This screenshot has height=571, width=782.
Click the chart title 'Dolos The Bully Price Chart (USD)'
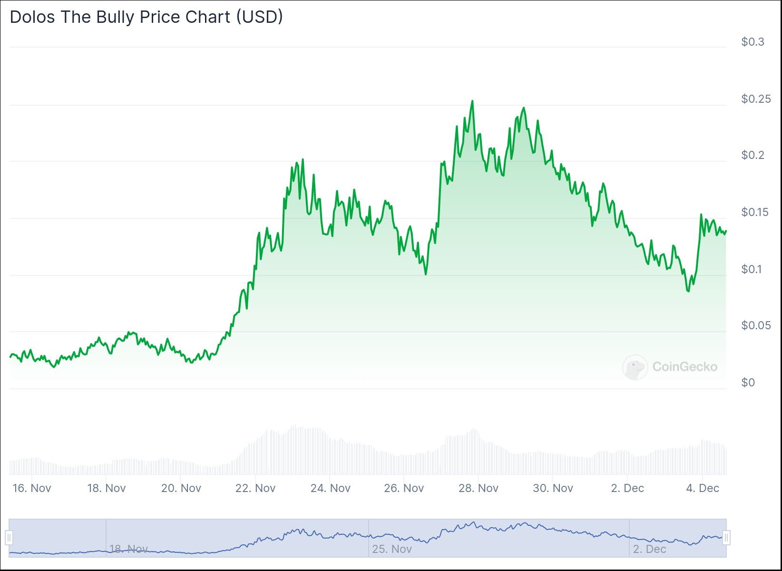[x=147, y=17]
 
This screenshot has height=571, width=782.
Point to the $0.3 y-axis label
[x=753, y=42]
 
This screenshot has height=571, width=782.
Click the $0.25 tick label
[x=756, y=99]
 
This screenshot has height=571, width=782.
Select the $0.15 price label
[x=756, y=212]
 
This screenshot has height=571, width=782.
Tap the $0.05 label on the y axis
[x=756, y=325]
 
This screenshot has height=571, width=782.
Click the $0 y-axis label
[x=748, y=383]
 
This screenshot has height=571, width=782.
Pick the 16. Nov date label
[x=32, y=488]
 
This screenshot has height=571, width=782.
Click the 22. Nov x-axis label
[x=255, y=488]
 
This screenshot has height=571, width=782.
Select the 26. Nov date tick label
[x=404, y=488]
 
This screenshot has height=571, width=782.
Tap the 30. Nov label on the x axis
[x=553, y=488]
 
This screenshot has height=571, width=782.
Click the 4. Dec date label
[x=703, y=488]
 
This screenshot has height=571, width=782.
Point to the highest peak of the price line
[x=472, y=101]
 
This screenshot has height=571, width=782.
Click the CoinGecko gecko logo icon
[x=635, y=367]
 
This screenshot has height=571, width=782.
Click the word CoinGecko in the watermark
[x=684, y=367]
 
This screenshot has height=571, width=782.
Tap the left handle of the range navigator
[x=9, y=538]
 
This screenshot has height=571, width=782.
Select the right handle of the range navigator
[x=726, y=538]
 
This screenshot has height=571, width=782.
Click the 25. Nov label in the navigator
[x=392, y=549]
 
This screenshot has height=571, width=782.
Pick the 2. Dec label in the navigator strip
[x=649, y=549]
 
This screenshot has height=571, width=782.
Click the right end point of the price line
[x=726, y=231]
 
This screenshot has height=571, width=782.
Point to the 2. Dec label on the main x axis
[x=627, y=488]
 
